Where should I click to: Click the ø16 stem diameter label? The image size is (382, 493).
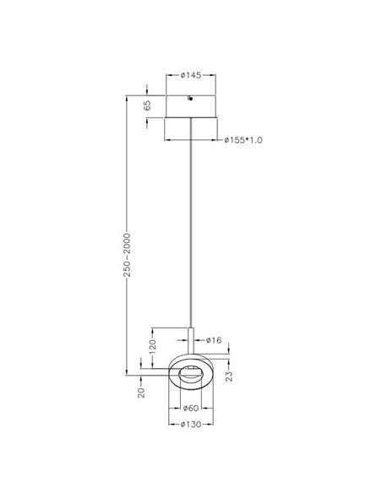(214, 339)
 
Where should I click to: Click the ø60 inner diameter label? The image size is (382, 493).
(192, 409)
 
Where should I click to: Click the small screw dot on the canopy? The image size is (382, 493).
(191, 100)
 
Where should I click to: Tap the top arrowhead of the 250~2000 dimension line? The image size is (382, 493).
(126, 95)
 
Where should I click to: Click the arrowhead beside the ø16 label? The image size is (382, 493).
(197, 341)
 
